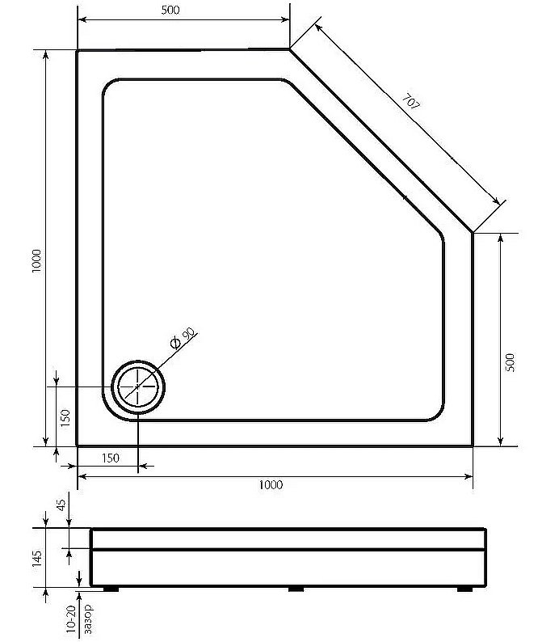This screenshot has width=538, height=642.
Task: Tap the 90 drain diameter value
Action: [x=187, y=336]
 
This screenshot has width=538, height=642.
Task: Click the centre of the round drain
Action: [x=138, y=387]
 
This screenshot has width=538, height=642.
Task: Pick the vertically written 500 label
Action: [x=509, y=362]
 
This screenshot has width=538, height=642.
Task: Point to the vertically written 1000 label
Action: [x=36, y=261]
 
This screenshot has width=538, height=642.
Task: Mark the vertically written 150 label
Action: [x=65, y=417]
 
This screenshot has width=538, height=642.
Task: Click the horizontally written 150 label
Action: [x=111, y=458]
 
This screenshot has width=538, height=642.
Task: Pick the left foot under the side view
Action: [x=111, y=589]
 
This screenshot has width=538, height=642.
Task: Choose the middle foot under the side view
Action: [x=296, y=589]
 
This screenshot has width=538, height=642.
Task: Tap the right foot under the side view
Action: [x=465, y=589]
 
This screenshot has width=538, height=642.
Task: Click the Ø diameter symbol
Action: [x=174, y=345]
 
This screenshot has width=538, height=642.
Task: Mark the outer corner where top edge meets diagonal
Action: [x=290, y=50]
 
